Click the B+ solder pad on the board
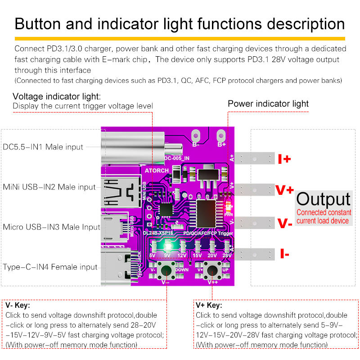coord(221,135)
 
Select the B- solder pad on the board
coord(196,135)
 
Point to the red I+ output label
coord(284,159)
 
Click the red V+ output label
coord(284,190)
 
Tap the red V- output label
coord(284,223)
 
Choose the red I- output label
coord(284,254)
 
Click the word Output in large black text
coord(323,199)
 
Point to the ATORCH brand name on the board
coord(157,171)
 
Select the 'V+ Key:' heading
coord(209,305)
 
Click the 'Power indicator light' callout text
coord(268,104)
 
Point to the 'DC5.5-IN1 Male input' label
coord(43,147)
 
